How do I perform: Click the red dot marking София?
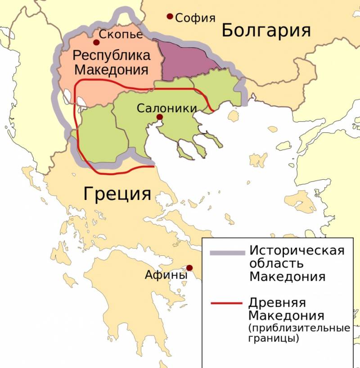[170, 17]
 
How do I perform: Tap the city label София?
[195, 18]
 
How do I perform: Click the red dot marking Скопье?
[96, 43]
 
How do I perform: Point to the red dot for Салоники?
[159, 118]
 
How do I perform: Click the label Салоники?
[166, 108]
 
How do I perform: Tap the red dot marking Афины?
[189, 268]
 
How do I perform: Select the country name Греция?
[117, 194]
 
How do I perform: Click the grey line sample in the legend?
[228, 251]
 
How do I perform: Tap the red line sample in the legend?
[228, 303]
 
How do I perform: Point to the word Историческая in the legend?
[297, 250]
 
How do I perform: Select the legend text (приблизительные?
[299, 327]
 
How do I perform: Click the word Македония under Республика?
[111, 70]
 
